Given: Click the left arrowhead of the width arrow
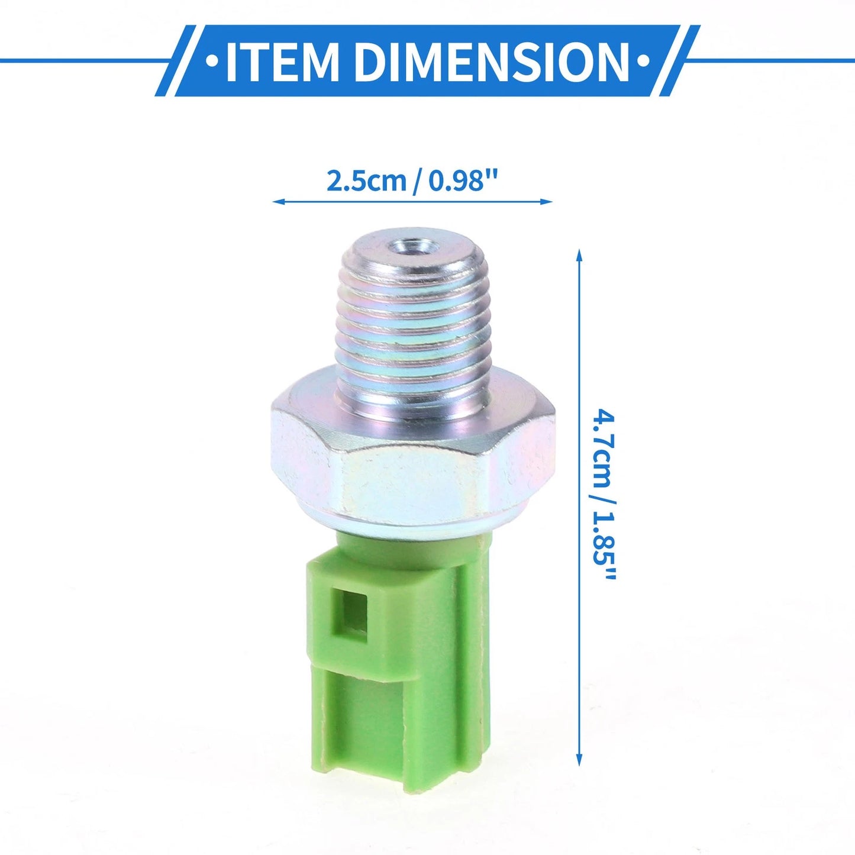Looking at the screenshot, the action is [x=278, y=202].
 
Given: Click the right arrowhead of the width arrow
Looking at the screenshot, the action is [x=547, y=202].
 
